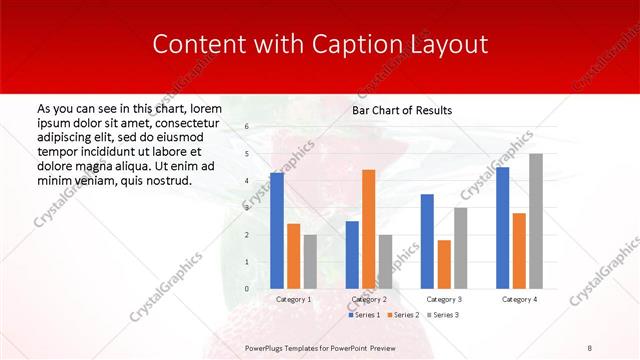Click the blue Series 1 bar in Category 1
click(277, 230)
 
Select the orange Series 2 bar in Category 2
click(369, 229)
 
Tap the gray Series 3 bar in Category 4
click(536, 221)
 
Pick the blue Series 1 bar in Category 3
click(427, 241)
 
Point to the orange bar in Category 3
click(444, 264)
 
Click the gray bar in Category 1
click(310, 261)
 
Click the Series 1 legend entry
click(366, 315)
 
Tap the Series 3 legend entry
click(443, 315)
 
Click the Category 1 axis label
click(293, 299)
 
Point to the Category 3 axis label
click(443, 299)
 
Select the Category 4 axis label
click(519, 299)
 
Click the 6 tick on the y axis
click(247, 127)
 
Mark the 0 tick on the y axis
click(247, 289)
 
